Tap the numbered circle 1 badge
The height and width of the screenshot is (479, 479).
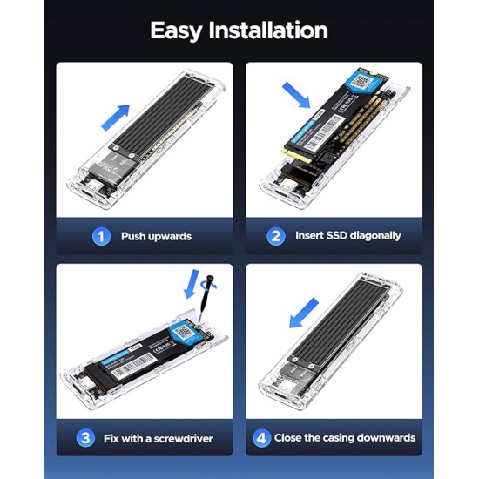tap(102, 236)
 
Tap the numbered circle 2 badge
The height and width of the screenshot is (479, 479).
tap(277, 236)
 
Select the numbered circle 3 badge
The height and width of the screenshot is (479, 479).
tap(84, 437)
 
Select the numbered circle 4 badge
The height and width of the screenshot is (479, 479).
tap(261, 437)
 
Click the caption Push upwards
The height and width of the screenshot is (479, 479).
tap(157, 236)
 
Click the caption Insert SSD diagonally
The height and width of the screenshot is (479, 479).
tap(347, 236)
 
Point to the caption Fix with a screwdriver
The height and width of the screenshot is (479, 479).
tap(157, 437)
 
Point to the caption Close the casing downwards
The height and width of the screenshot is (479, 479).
tap(345, 437)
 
